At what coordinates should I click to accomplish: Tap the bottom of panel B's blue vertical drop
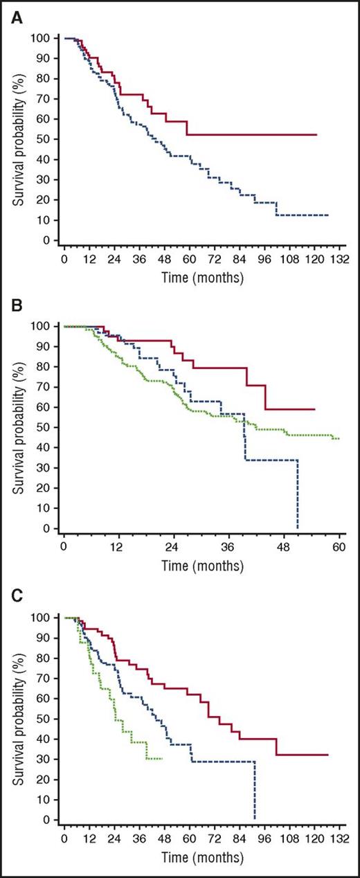tap(297, 528)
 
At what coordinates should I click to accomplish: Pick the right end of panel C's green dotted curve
tap(161, 759)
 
